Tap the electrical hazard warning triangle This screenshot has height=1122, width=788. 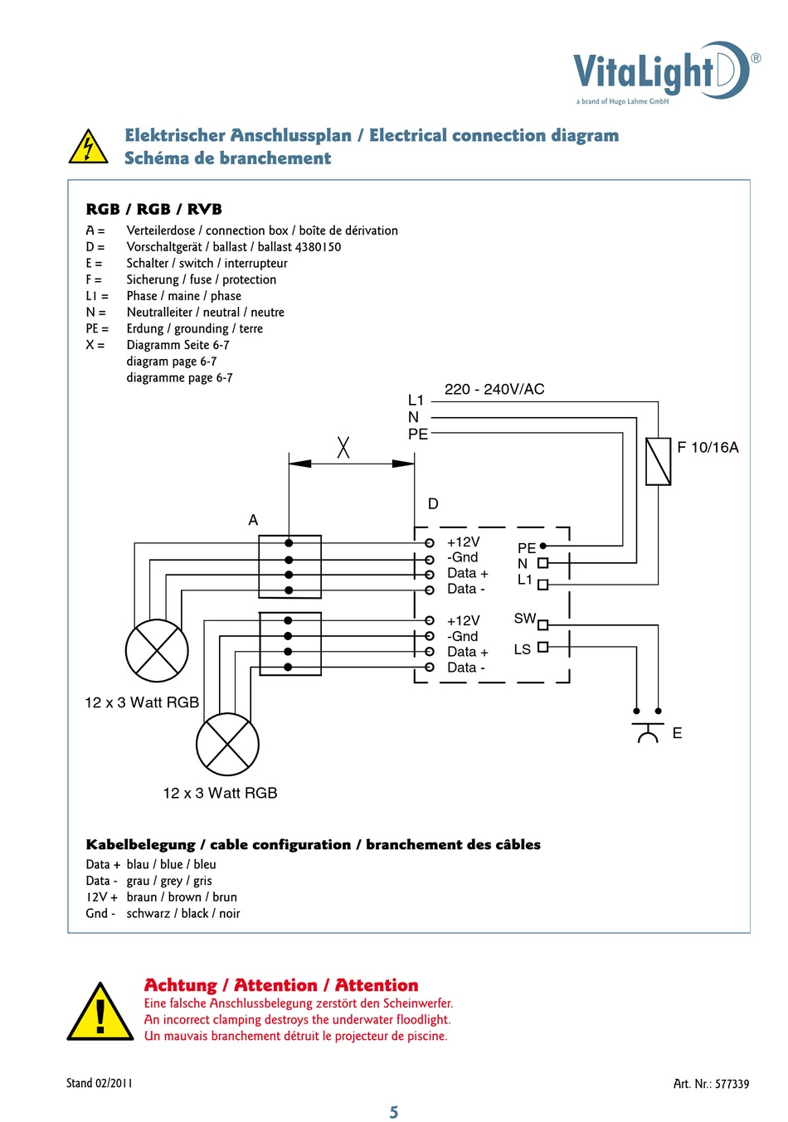87,148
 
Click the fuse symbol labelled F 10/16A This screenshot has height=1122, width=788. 658,461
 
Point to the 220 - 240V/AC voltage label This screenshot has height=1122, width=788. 494,390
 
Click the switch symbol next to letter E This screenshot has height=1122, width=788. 648,731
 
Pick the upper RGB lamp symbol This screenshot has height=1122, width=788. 157,651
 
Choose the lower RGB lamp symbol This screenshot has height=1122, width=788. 227,744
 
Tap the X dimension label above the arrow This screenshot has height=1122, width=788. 343,448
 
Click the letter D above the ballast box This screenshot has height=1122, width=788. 433,504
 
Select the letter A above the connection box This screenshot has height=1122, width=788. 253,520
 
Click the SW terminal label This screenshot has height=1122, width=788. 524,619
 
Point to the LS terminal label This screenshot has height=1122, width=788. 522,649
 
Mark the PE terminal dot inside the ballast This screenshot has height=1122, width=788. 543,546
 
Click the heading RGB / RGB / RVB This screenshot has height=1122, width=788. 153,210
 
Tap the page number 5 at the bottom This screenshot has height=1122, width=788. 394,1112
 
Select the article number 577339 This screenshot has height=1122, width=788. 732,1084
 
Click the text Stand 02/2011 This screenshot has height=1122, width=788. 99,1083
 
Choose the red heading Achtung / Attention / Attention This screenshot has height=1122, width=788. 281,985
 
